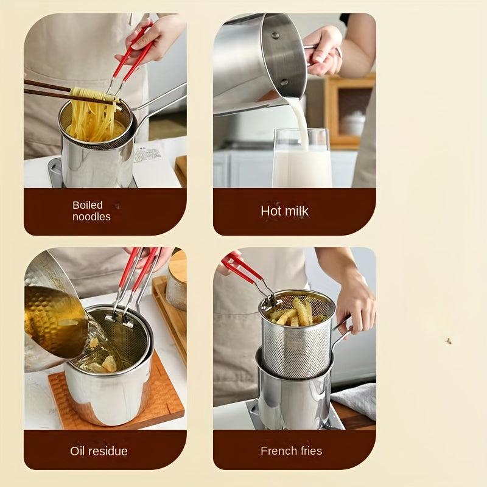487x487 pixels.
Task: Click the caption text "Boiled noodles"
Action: tap(91, 211)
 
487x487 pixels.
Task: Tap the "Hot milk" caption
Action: tap(284, 211)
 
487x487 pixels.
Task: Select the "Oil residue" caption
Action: tap(99, 451)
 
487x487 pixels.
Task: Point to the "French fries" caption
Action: tap(291, 451)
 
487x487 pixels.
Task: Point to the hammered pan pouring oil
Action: tap(52, 317)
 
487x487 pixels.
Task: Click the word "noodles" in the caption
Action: tap(91, 217)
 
